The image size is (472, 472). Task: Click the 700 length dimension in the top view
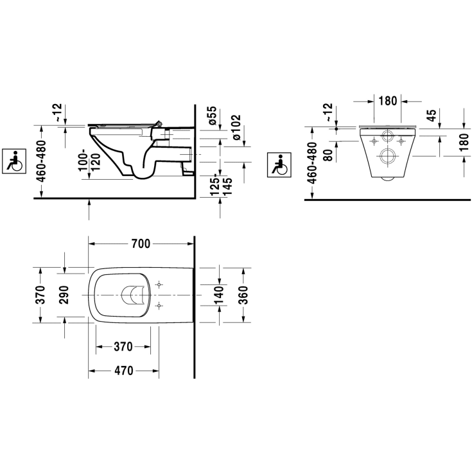pos(141,243)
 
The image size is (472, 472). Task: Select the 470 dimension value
pos(124,371)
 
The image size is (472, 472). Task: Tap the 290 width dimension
pos(64,295)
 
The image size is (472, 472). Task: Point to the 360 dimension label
pos(243,295)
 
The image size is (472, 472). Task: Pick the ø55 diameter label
pos(212,116)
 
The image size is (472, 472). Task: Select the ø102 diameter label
pos(236,127)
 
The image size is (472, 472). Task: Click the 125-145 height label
pos(222,185)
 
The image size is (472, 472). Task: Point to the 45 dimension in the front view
pos(432,116)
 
